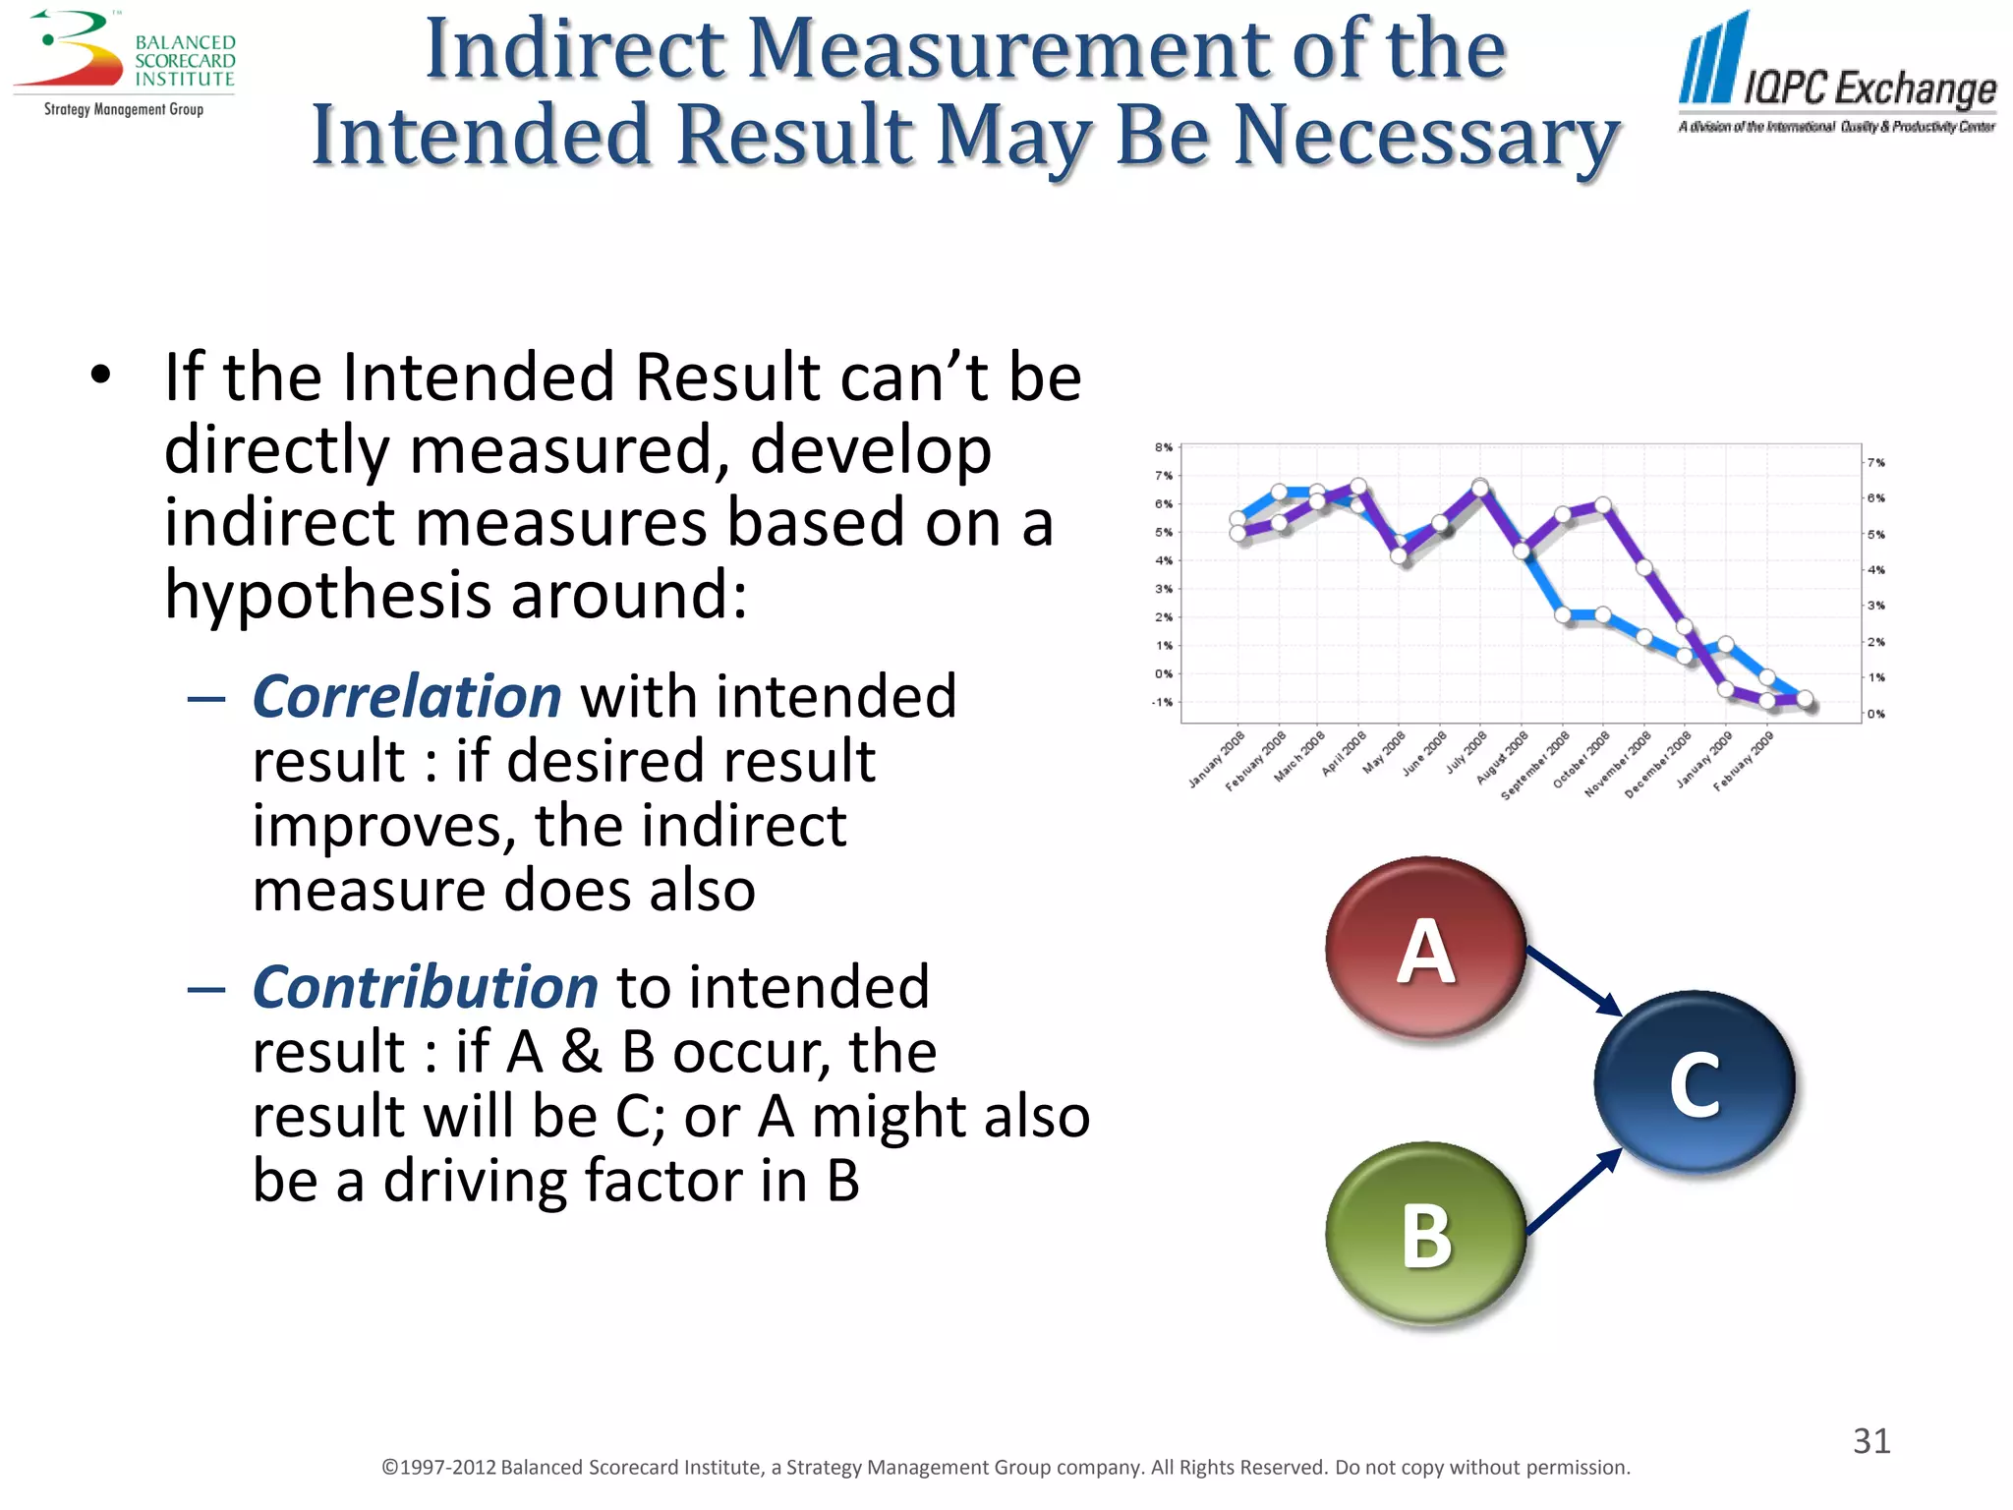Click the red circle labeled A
1424,948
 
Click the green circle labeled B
1424,1233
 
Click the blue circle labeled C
1694,1081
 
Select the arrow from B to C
1573,1191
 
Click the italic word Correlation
406,697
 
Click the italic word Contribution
425,987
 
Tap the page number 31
1870,1441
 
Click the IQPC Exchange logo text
1869,88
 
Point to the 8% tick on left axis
1164,447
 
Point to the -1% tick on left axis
1162,702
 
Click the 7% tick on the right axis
1876,462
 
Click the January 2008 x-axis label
1217,759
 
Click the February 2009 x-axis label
1744,760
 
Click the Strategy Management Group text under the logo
124,109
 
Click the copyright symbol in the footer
389,1468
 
